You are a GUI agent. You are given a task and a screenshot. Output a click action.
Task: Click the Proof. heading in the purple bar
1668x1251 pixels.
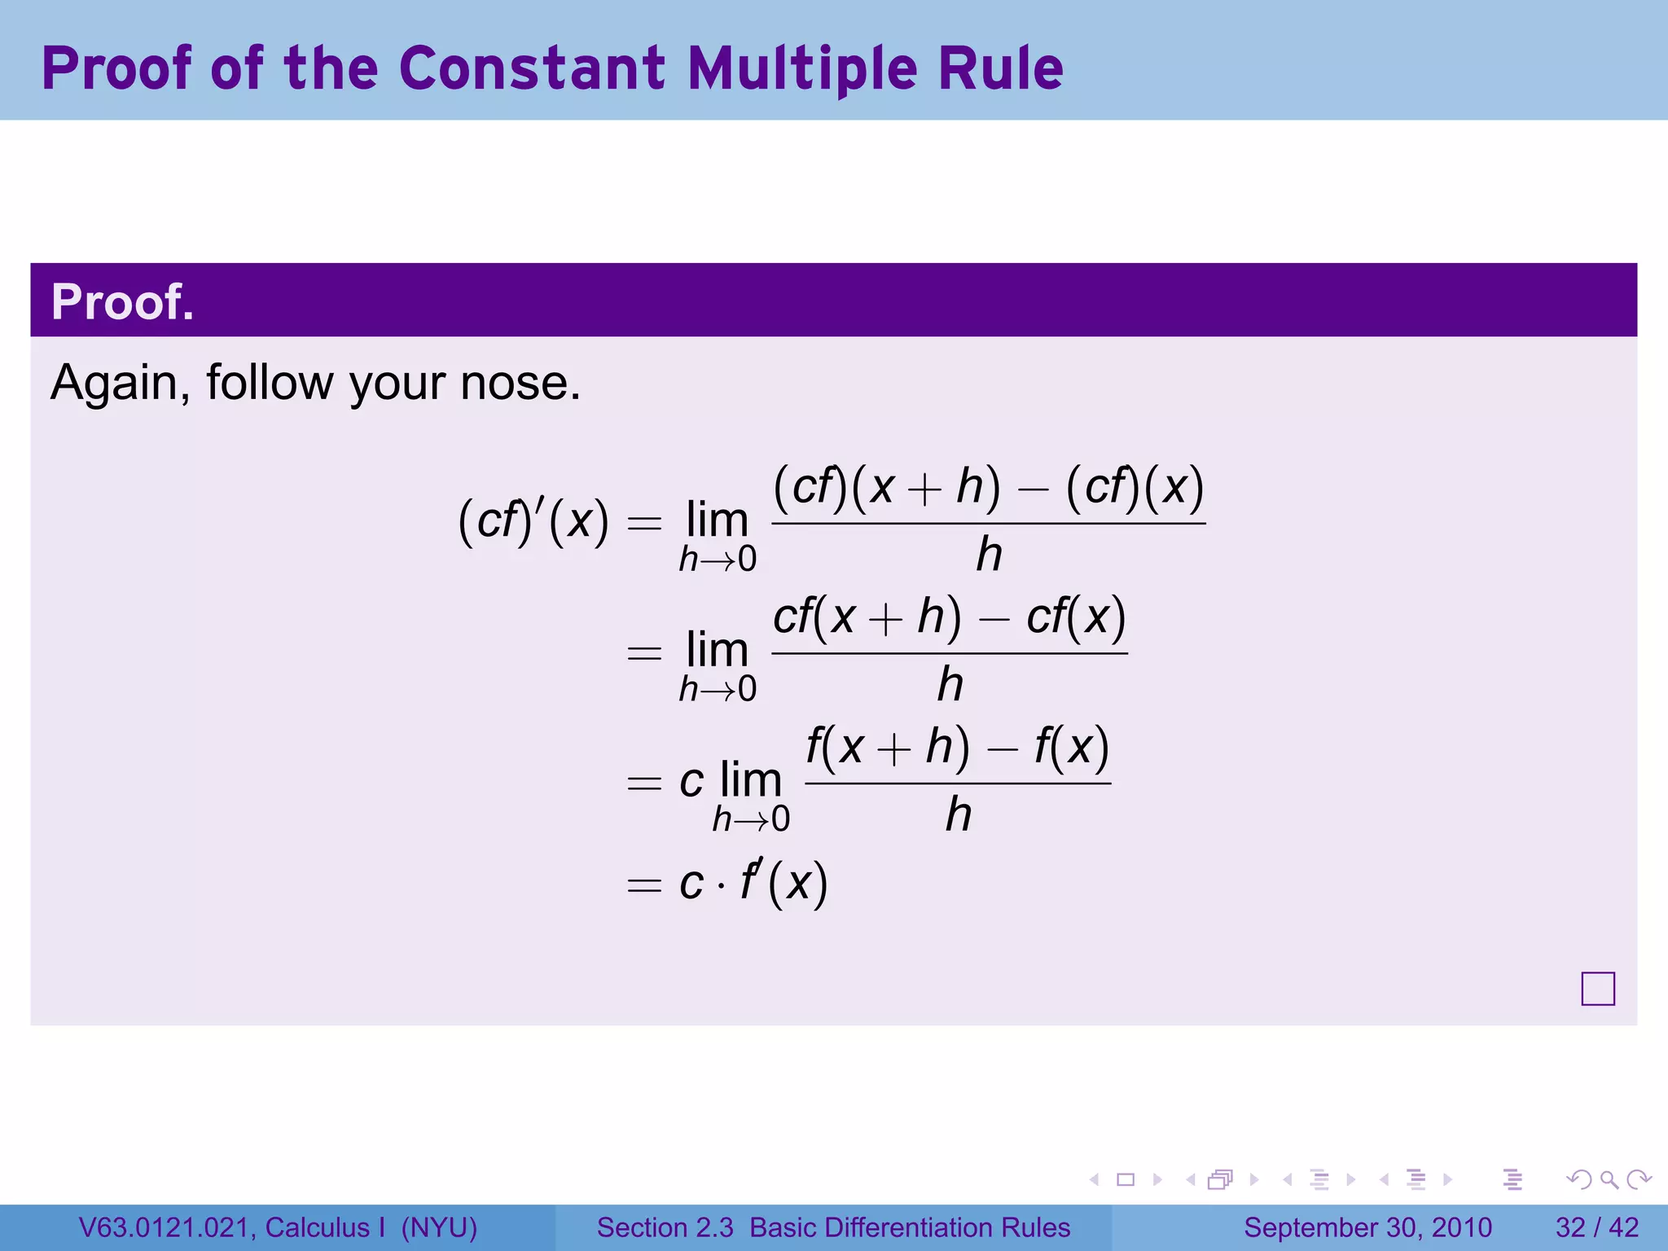click(122, 301)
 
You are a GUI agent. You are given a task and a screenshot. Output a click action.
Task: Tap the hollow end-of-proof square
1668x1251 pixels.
click(1597, 989)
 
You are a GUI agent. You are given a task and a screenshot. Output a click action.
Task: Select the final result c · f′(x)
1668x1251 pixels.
click(753, 881)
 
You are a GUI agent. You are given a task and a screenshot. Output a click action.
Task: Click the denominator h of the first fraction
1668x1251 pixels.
click(989, 555)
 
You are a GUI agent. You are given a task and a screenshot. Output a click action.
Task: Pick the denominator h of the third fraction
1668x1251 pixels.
click(958, 814)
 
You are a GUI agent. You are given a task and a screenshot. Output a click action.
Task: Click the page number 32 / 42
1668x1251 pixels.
click(1596, 1227)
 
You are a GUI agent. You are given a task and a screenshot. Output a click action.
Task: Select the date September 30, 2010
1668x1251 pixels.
click(1367, 1227)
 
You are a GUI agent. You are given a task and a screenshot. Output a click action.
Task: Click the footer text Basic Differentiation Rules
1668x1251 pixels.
click(910, 1227)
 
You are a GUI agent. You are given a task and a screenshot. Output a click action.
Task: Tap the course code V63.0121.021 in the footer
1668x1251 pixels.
click(166, 1227)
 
